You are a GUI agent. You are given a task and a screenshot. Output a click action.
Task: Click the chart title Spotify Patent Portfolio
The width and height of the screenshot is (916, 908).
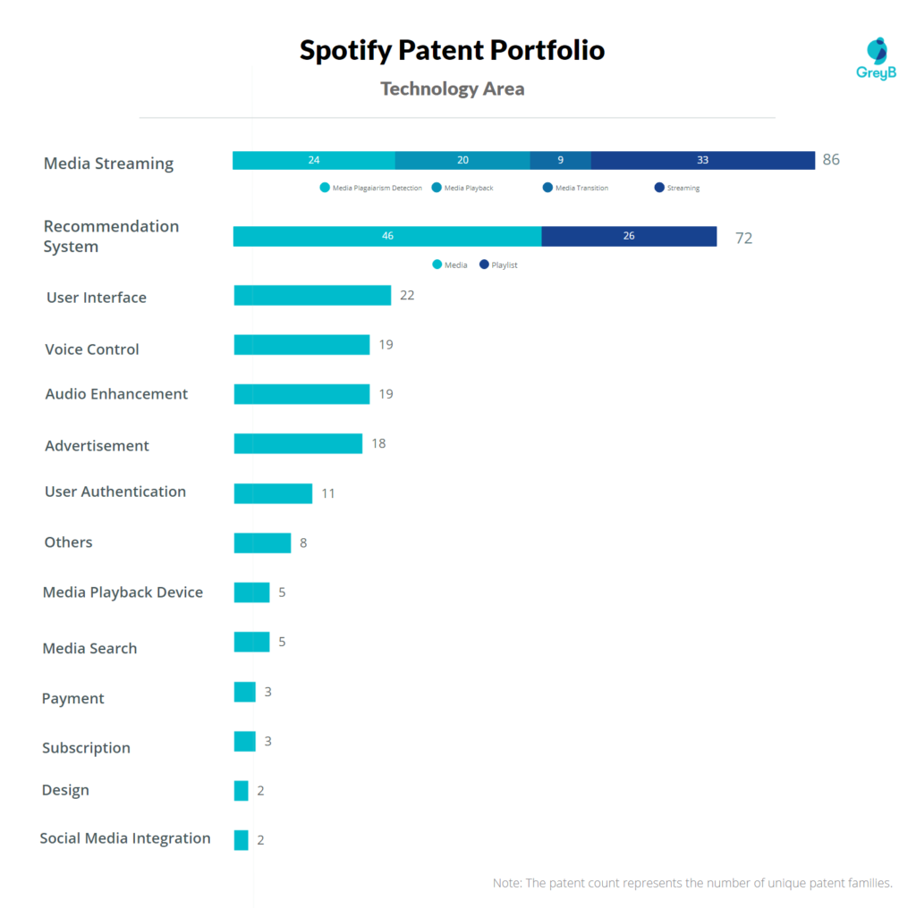452,50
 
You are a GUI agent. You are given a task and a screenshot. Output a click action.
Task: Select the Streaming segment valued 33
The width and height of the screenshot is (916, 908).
702,160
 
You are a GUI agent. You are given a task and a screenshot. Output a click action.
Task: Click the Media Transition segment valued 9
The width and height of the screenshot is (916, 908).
560,160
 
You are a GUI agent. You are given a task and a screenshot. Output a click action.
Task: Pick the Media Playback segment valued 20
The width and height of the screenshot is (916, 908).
462,160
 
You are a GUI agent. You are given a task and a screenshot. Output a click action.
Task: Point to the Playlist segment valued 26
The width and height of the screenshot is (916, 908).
629,236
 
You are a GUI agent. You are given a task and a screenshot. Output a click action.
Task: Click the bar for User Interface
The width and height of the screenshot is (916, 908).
312,296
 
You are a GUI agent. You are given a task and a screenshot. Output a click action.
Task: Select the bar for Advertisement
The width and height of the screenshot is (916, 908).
298,443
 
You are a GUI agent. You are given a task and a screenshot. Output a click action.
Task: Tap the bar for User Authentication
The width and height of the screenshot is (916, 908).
273,493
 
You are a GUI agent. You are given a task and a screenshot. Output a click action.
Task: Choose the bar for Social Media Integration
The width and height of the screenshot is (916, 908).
242,840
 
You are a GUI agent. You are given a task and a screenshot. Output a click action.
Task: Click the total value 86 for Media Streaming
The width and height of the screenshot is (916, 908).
831,160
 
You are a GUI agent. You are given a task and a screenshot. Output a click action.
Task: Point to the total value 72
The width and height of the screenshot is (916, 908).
743,238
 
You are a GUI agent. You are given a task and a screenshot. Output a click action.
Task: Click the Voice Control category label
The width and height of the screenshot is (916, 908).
92,349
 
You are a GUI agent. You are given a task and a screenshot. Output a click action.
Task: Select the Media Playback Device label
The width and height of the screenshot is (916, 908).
123,593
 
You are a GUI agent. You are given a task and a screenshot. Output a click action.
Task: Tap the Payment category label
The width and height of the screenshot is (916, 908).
73,699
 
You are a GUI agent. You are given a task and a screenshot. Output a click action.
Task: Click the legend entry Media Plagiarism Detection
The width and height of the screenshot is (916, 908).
370,188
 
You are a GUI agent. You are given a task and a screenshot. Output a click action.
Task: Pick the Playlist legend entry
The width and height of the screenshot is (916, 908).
498,265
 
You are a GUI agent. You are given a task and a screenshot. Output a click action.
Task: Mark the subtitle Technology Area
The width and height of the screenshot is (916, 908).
452,88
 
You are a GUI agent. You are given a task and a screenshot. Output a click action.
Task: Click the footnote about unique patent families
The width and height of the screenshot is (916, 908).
692,883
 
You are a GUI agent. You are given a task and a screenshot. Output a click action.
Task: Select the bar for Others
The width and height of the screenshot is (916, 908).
262,542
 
